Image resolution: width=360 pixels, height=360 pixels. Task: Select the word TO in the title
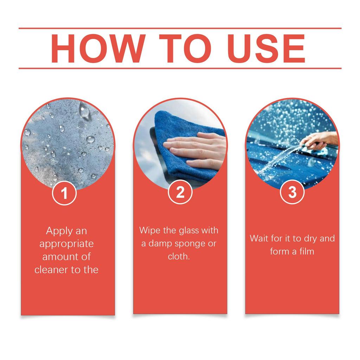(x=181, y=49)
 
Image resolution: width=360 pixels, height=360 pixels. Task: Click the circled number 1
(x=64, y=193)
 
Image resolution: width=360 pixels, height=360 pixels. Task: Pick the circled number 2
(x=180, y=193)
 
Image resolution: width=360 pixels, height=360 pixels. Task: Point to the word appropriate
(x=66, y=244)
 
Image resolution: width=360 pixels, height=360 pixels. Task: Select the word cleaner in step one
(x=52, y=270)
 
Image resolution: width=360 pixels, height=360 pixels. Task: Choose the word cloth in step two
(x=178, y=257)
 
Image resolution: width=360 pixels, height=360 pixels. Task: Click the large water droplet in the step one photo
(x=84, y=110)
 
